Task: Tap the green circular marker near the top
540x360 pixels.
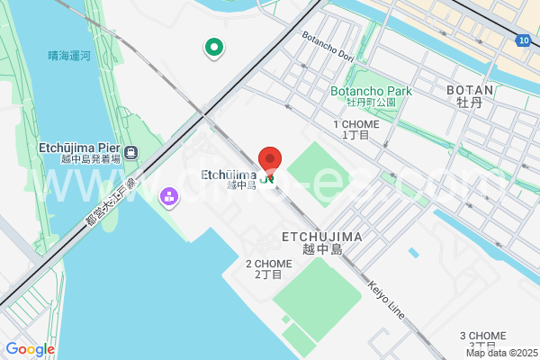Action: (x=214, y=47)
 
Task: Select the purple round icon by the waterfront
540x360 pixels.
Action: (x=168, y=196)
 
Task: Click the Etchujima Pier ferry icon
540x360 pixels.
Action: (x=131, y=152)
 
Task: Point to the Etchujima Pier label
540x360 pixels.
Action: (x=79, y=147)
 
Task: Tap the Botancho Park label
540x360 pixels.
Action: (x=371, y=91)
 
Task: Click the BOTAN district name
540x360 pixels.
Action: (x=470, y=90)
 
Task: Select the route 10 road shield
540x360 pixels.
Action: (x=524, y=40)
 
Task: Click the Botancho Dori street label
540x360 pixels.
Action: (x=328, y=49)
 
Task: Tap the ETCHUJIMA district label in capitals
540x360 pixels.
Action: (x=310, y=236)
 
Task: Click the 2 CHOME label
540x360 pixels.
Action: (x=267, y=264)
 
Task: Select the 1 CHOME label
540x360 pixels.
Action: (x=355, y=124)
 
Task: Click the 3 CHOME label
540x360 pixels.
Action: (x=482, y=336)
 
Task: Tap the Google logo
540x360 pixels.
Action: (x=30, y=349)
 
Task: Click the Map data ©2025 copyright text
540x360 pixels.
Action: (x=500, y=353)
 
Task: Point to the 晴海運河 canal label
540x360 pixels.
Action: (x=69, y=56)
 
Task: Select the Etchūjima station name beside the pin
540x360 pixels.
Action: (x=228, y=175)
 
